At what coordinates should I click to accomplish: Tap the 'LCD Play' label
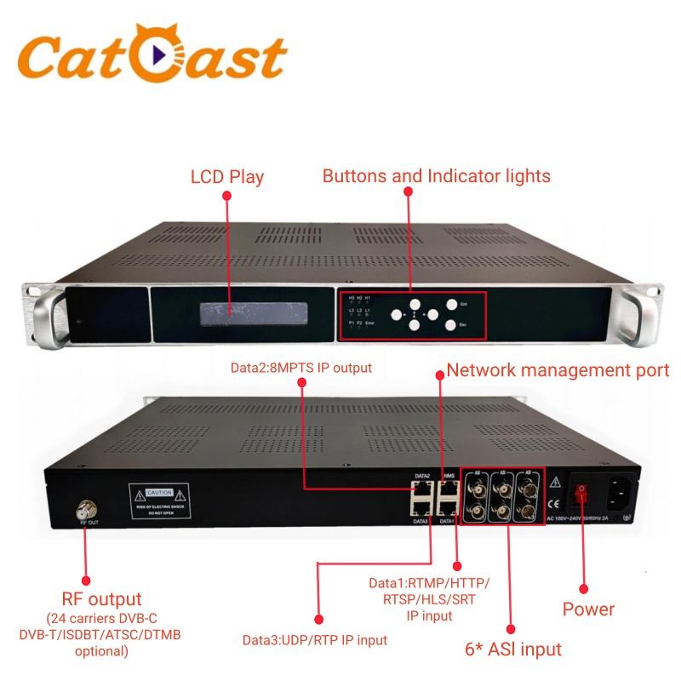[226, 177]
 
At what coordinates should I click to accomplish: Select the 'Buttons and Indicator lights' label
[436, 176]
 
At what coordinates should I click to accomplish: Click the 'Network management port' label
[558, 370]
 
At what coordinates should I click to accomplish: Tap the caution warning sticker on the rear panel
[163, 501]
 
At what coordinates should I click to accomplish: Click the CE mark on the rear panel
[556, 501]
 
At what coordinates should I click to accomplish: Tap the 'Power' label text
[589, 609]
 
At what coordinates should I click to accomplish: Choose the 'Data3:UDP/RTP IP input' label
[315, 640]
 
